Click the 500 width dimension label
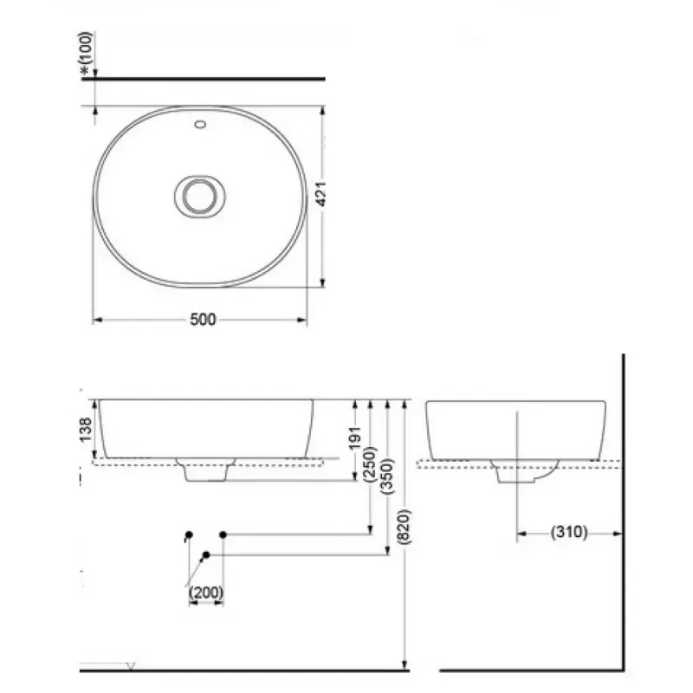point(202,320)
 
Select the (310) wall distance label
point(568,533)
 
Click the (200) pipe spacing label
point(206,593)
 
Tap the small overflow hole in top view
point(200,126)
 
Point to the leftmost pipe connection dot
point(188,534)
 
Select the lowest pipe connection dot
point(206,554)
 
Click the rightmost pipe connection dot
point(223,534)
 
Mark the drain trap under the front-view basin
point(205,470)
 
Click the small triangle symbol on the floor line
point(132,665)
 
